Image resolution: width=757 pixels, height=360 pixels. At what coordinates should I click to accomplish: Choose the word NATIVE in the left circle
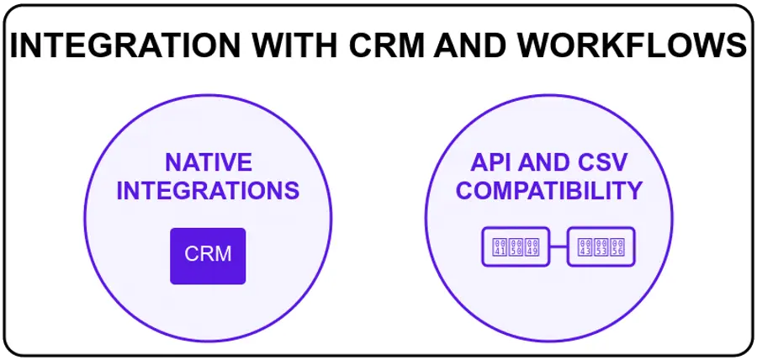point(208,162)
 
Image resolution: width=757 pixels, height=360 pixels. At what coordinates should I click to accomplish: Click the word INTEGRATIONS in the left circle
point(208,191)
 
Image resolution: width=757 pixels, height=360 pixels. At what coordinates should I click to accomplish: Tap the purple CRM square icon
point(208,255)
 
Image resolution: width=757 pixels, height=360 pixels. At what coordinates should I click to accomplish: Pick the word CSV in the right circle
point(610,162)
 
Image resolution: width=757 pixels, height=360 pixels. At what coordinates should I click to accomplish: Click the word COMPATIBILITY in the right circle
point(548,191)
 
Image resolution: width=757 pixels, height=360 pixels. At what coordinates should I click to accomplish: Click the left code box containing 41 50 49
point(515,247)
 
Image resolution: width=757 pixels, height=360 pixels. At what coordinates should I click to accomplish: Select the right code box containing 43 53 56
point(601,247)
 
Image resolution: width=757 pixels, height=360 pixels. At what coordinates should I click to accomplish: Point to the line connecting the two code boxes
point(558,247)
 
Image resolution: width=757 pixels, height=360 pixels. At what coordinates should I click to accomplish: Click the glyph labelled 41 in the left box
point(498,247)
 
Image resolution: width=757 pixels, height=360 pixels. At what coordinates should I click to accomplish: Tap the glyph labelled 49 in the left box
point(532,247)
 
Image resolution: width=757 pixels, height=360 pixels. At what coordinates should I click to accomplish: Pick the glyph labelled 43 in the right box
point(584,247)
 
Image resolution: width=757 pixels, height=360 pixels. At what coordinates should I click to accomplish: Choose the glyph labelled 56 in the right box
point(618,247)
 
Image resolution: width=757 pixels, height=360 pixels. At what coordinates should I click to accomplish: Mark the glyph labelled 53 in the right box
point(601,247)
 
